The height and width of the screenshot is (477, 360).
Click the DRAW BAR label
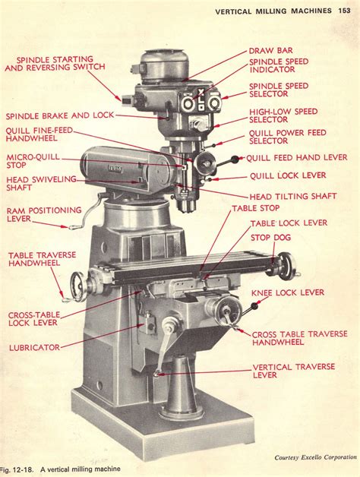click(x=271, y=51)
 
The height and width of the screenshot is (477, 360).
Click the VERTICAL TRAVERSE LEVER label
click(x=292, y=371)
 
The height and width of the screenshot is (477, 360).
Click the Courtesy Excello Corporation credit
click(x=315, y=457)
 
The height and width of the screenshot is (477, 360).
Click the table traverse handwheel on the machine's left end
click(x=77, y=286)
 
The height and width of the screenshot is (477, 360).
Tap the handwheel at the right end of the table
click(x=285, y=265)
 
